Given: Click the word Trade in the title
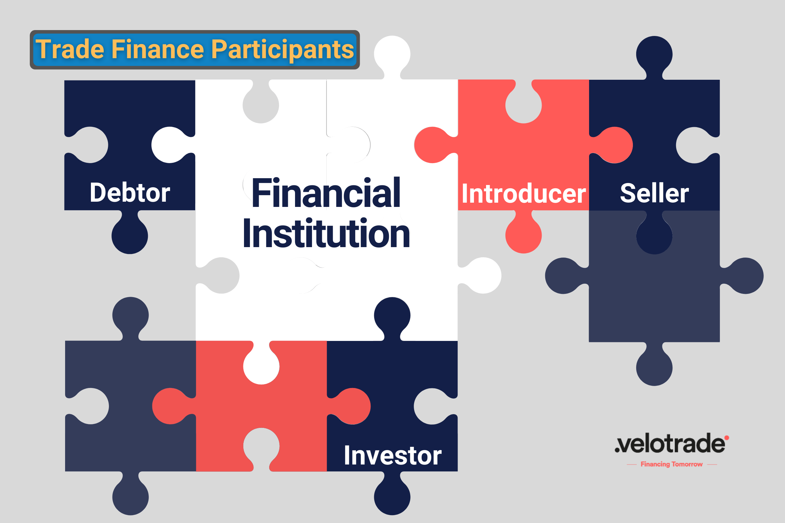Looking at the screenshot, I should [x=70, y=49].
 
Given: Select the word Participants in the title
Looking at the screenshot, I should [x=282, y=49].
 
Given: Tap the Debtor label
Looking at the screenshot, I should [x=130, y=193].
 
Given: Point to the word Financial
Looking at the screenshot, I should [x=326, y=193].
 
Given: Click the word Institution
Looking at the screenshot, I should [x=326, y=233].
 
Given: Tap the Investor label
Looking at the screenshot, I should [x=392, y=455].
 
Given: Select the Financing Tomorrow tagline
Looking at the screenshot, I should [x=672, y=464].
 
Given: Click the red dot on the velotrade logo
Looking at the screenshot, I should [x=726, y=438].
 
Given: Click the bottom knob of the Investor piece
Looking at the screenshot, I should [x=392, y=497].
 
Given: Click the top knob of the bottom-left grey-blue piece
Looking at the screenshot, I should [x=131, y=315].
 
